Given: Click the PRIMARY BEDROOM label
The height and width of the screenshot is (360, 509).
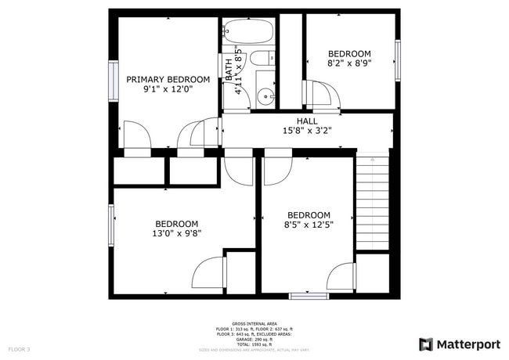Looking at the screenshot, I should [x=168, y=79].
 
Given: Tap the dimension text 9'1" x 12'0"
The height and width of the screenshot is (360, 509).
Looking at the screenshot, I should [x=168, y=90].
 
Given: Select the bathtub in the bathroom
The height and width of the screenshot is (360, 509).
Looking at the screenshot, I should [x=248, y=34].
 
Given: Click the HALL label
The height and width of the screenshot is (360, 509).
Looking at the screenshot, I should [x=307, y=121].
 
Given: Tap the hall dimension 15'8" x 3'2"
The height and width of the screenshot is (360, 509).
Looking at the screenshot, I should [x=307, y=131].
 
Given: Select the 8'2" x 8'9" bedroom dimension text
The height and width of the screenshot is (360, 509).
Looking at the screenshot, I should [x=349, y=65].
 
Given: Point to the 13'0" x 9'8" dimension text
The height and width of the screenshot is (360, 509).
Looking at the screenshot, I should [x=176, y=233].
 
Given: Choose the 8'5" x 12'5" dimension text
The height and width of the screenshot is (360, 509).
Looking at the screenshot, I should [x=309, y=226].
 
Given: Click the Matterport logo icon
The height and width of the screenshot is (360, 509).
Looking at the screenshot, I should [x=426, y=344].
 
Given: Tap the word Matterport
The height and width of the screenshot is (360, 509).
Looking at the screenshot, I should [x=467, y=344].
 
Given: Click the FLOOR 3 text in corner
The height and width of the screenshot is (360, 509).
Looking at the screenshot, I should [x=19, y=349].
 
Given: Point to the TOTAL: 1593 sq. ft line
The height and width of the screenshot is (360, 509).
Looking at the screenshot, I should [x=254, y=344].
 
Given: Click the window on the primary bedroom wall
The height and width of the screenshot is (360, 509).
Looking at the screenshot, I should [x=113, y=80].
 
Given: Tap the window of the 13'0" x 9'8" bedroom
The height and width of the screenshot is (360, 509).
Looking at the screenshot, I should [x=111, y=225].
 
